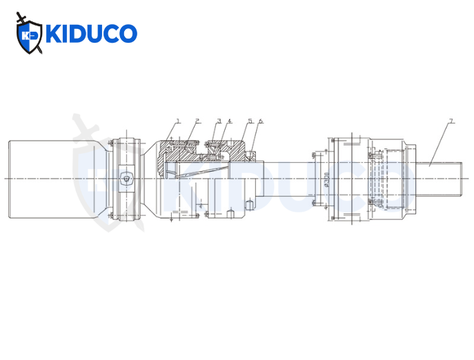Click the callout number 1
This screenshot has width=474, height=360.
click(178, 121)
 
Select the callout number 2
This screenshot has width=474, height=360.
click(197, 121)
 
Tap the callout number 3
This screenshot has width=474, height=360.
click(219, 121)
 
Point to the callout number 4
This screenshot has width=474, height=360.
click(229, 121)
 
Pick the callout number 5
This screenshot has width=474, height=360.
click(250, 121)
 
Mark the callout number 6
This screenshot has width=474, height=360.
click(260, 121)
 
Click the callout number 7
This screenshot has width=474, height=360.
click(451, 121)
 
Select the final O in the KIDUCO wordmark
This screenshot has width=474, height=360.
click(128, 33)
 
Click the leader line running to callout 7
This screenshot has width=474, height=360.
click(440, 143)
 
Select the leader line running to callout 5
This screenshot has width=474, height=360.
click(246, 133)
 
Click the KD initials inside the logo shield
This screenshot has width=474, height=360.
click(29, 35)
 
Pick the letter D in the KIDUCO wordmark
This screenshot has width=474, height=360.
click(79, 33)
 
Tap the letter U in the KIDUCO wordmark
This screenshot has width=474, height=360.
click(95, 33)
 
